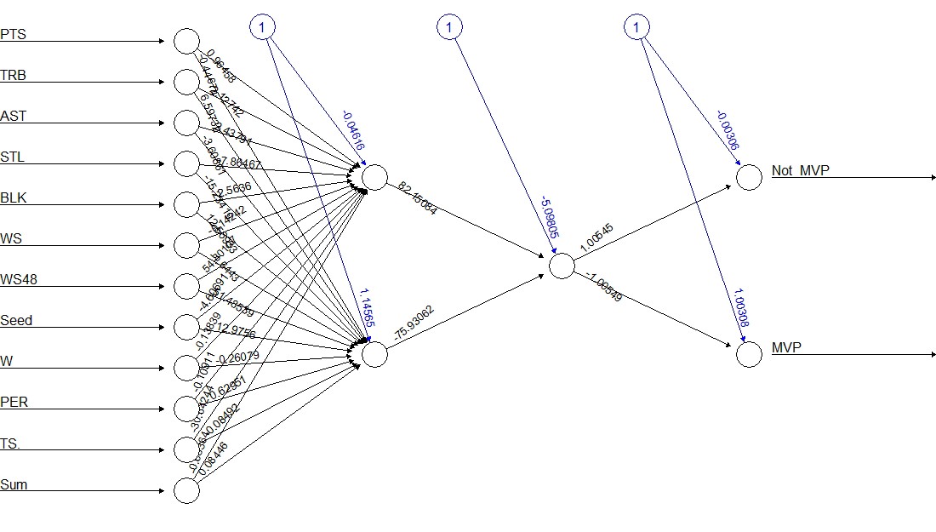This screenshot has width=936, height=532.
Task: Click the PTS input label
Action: (12, 35)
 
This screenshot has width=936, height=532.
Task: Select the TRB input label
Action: (13, 76)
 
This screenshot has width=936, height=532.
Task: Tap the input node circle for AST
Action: (186, 123)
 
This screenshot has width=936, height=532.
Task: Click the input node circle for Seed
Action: (186, 327)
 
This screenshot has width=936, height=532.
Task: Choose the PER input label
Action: (14, 403)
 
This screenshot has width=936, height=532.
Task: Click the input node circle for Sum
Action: (186, 490)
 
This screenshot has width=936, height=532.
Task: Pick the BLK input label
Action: (13, 198)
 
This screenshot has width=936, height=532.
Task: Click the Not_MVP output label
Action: (800, 171)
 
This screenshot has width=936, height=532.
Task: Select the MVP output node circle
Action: (749, 354)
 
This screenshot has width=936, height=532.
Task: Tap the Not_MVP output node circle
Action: (749, 177)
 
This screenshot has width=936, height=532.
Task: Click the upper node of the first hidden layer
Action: (374, 177)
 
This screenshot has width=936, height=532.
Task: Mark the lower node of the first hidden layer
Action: (374, 354)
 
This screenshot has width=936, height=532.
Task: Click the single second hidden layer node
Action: (562, 266)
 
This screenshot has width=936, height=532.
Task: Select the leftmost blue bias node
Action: (262, 28)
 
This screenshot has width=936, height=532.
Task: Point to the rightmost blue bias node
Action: (636, 28)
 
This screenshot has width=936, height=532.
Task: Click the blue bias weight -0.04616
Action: (352, 130)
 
